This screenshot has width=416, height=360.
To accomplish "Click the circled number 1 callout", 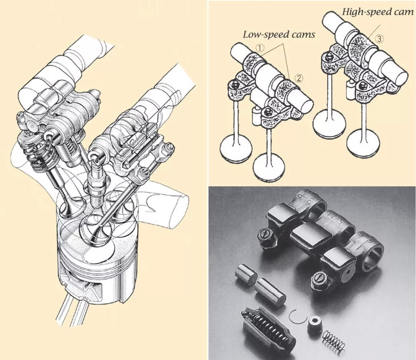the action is tap(260, 48).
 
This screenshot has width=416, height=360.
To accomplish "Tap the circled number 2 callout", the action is tap(299, 78).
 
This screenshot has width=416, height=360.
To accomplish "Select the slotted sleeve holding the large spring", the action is tap(268, 326).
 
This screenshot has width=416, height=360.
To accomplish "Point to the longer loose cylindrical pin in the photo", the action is tap(270, 291).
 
